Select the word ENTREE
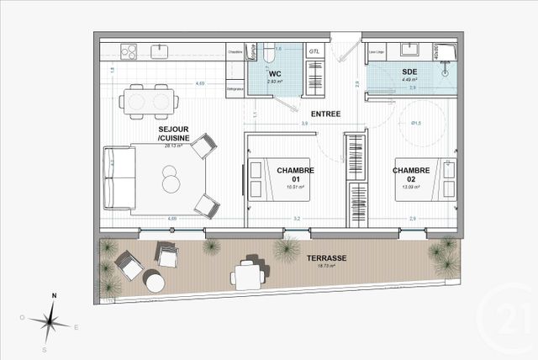325,112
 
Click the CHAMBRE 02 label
411,174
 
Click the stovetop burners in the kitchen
129,52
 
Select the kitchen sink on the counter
160,52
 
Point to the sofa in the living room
117,179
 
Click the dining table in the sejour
150,100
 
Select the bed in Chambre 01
279,179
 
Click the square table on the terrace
246,273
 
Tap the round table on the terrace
155,282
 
